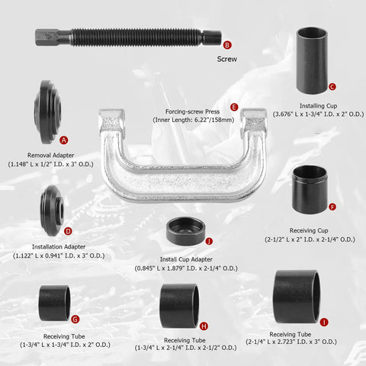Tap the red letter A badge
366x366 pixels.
64,140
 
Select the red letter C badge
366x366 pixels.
332,87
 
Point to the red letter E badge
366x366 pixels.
233,107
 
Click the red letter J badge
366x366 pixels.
209,241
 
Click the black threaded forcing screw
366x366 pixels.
122,37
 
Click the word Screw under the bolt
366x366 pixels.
227,58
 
